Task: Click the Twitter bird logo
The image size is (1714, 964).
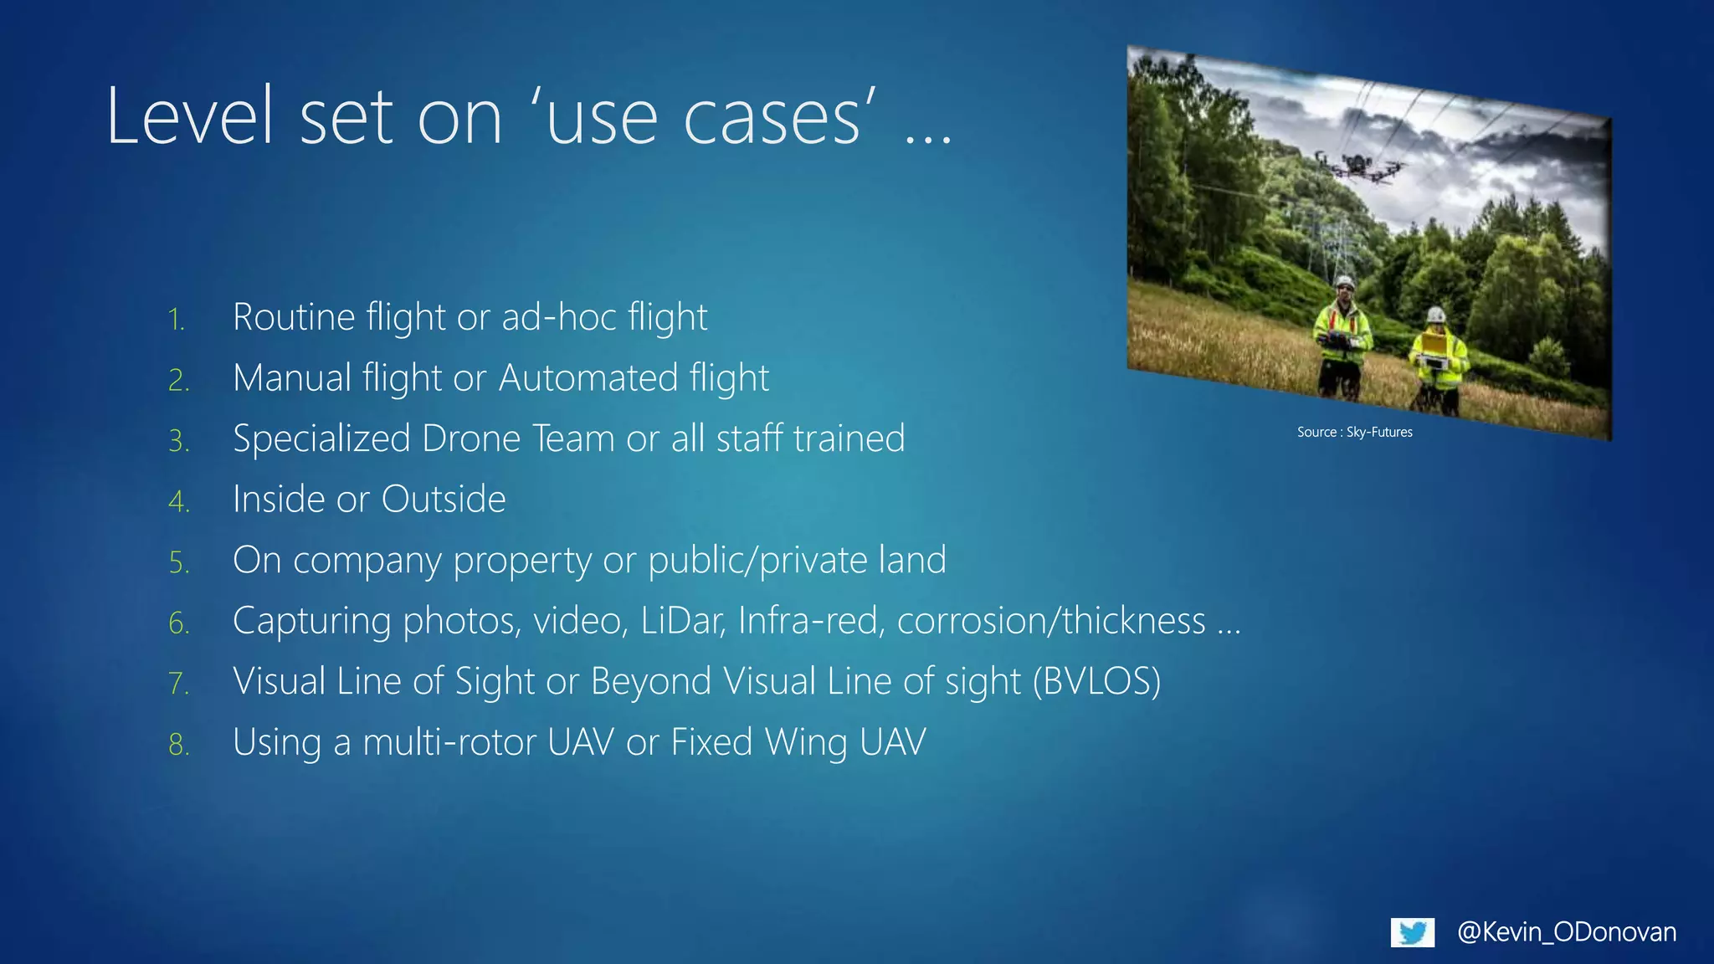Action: point(1412,932)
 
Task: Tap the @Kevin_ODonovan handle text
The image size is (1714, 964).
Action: point(1567,932)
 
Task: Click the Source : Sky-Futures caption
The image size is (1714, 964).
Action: point(1354,432)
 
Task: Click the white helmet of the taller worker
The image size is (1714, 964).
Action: point(1345,282)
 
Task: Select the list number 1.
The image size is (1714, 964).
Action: point(176,320)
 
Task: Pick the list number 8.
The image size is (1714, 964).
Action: point(178,745)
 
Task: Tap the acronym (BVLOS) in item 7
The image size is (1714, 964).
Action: point(1096,681)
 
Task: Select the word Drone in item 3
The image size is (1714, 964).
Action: point(471,438)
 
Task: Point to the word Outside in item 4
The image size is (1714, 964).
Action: point(444,500)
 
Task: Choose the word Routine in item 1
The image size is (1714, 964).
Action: point(294,317)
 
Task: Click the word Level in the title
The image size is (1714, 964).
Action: point(191,117)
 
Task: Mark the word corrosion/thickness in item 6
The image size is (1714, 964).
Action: point(1051,621)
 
